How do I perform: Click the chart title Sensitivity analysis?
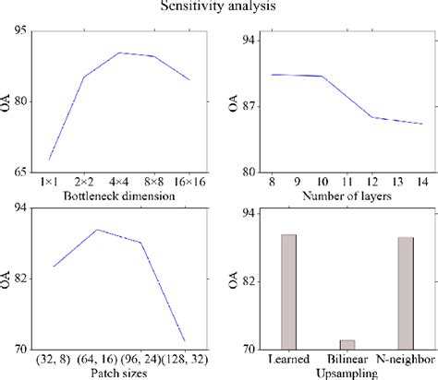coord(219,7)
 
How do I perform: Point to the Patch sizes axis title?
coord(118,373)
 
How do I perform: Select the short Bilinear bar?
coord(347,344)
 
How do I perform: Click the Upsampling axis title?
coord(347,374)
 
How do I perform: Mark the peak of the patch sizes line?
coord(98,230)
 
